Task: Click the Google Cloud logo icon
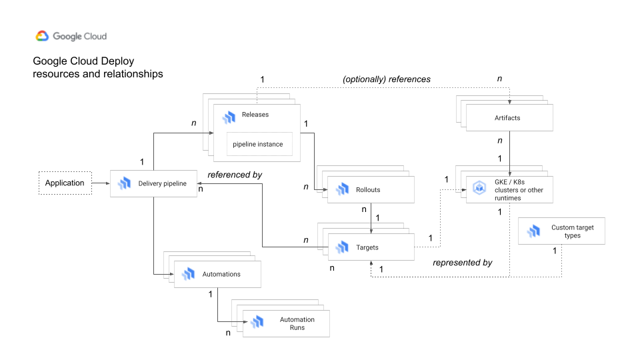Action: point(42,37)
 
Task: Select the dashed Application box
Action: point(65,183)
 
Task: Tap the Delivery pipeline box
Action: point(153,183)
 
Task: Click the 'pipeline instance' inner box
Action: point(258,144)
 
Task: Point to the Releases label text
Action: point(255,115)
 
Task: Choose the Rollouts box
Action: point(370,189)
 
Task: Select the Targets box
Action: point(370,247)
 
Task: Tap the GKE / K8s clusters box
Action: point(509,189)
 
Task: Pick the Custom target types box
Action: point(561,231)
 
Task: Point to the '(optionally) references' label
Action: point(387,79)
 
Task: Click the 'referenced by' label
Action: point(235,175)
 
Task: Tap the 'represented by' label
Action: point(462,263)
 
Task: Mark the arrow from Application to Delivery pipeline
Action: point(101,183)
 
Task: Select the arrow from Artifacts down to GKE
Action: point(510,153)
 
